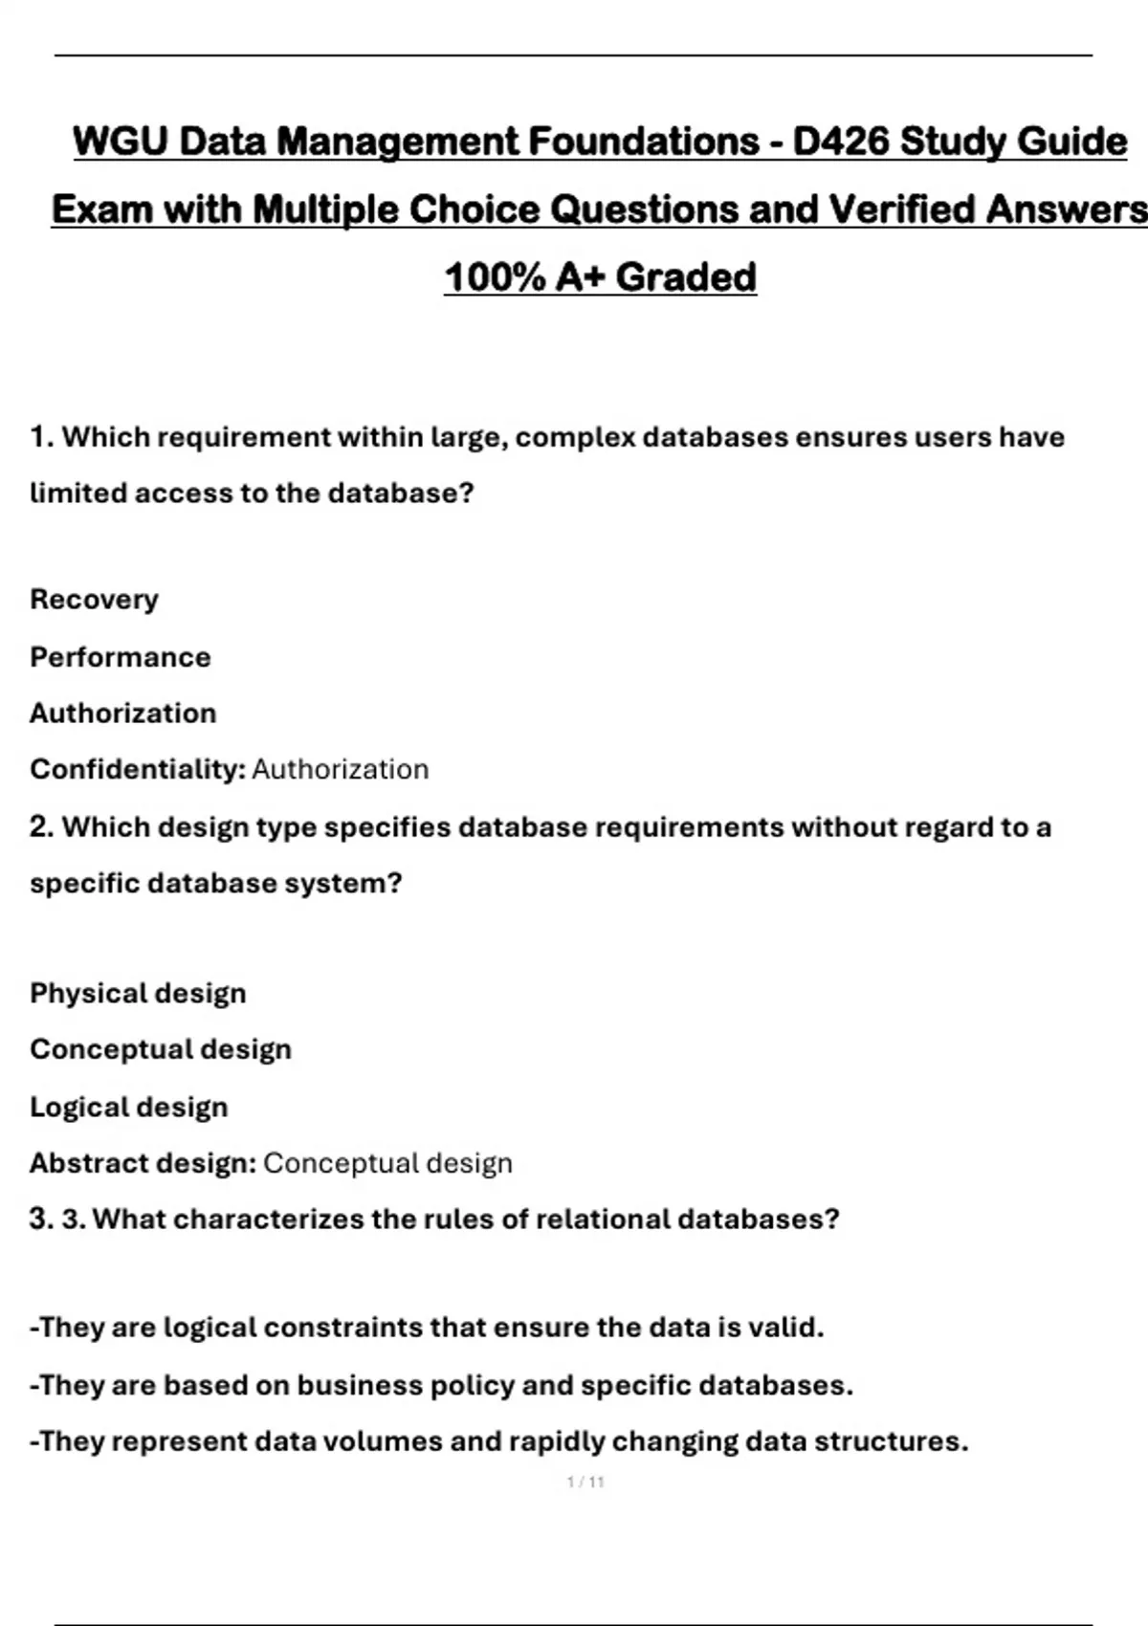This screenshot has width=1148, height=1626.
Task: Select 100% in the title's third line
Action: (494, 277)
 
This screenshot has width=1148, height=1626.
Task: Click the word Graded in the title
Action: (686, 277)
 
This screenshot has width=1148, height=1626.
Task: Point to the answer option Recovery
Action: (94, 600)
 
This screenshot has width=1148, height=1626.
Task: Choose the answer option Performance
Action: (120, 657)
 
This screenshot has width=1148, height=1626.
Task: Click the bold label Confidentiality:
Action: (138, 769)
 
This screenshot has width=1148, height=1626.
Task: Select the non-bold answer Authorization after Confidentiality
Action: (340, 769)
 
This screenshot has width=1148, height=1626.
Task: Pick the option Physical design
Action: (138, 993)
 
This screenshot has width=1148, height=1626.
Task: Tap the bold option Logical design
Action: (128, 1107)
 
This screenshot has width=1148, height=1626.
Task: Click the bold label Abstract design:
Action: (143, 1163)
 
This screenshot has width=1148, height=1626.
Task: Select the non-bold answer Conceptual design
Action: (387, 1163)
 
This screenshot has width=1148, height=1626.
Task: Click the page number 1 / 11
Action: (585, 1483)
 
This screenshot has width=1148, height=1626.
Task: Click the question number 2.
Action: (41, 826)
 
